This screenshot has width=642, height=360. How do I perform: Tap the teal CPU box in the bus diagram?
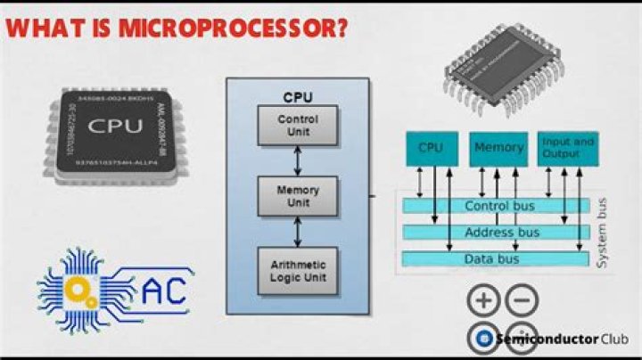click(x=432, y=148)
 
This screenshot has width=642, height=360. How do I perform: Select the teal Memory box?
click(x=498, y=148)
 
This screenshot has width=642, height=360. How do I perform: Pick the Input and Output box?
click(x=568, y=148)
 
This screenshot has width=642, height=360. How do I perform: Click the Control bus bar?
click(x=495, y=206)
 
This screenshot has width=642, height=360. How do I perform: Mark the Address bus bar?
click(x=495, y=233)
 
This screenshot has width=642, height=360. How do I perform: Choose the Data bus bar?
click(x=495, y=258)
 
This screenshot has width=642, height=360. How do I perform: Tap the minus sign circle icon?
click(x=523, y=301)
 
